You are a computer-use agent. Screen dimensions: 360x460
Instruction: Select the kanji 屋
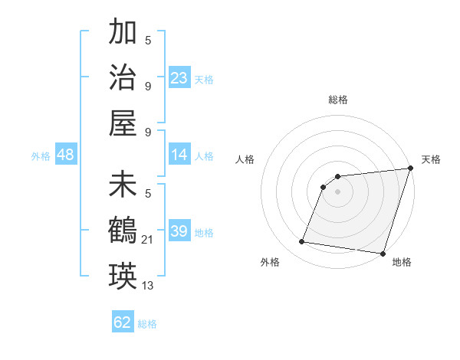(123, 123)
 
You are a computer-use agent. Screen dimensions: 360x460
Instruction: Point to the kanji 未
(123, 185)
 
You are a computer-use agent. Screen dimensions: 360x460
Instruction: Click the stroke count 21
(149, 241)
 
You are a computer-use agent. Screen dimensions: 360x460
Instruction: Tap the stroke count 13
(148, 286)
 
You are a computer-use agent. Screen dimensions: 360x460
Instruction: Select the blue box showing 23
(179, 77)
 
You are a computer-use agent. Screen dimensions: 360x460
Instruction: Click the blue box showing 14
(179, 155)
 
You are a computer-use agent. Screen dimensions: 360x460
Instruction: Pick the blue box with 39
(179, 231)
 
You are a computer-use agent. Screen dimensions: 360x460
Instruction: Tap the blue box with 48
(65, 155)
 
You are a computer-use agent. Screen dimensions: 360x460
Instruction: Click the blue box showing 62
(123, 322)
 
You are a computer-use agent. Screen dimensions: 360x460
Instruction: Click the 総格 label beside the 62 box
(147, 324)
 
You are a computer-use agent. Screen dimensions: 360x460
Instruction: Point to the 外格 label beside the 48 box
(41, 156)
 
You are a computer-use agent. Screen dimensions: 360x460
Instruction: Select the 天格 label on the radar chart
(431, 159)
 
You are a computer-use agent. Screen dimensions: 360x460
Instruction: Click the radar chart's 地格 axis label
(402, 262)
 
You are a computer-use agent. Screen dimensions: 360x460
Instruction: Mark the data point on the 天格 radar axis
(410, 169)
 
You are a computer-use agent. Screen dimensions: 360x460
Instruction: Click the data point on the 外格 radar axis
(302, 242)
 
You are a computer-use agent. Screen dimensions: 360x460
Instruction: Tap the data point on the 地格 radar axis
(383, 253)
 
